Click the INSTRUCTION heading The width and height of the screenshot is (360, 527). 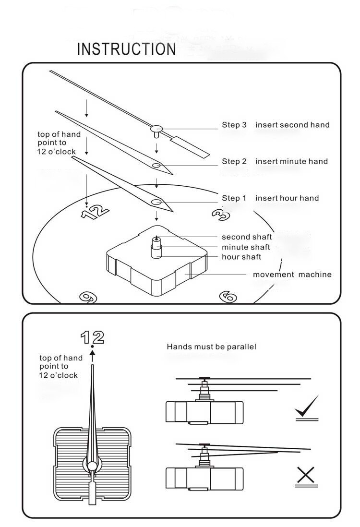coord(126,49)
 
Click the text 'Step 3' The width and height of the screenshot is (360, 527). coord(234,125)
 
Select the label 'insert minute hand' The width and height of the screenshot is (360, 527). coord(291,161)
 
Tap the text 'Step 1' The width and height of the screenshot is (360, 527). coord(234,198)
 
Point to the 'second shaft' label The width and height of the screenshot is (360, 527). coord(247,237)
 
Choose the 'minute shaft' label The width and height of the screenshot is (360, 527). coord(246,247)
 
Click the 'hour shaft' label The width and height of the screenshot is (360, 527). coord(241,257)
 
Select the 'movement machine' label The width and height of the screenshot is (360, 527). coord(292,275)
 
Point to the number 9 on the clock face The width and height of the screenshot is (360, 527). coord(87,297)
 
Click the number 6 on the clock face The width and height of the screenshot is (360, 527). coord(228,297)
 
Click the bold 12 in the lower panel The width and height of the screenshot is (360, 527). coord(92,337)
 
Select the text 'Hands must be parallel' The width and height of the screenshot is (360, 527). coord(211,347)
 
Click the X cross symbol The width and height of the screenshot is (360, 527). coord(305,475)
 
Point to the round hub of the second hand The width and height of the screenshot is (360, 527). coord(156,128)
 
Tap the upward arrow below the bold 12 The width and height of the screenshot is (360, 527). coord(93,356)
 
